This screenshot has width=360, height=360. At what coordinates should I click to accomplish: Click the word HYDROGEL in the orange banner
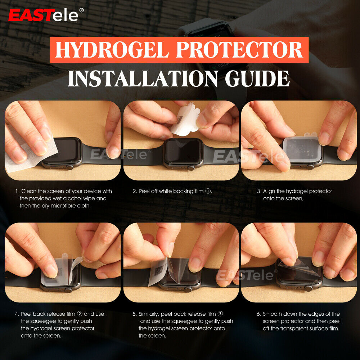pos(111,50)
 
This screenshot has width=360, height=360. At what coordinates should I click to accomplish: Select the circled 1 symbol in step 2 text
pos(208,191)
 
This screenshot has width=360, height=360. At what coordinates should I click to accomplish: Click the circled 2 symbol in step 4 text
pos(80,314)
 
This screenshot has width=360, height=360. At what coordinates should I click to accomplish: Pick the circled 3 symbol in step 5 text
pos(225,314)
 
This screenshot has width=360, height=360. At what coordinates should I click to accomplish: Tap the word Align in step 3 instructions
pos(269,191)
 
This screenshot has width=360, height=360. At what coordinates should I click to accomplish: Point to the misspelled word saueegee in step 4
pos(42,321)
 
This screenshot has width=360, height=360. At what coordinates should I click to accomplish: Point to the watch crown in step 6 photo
pos(308,288)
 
